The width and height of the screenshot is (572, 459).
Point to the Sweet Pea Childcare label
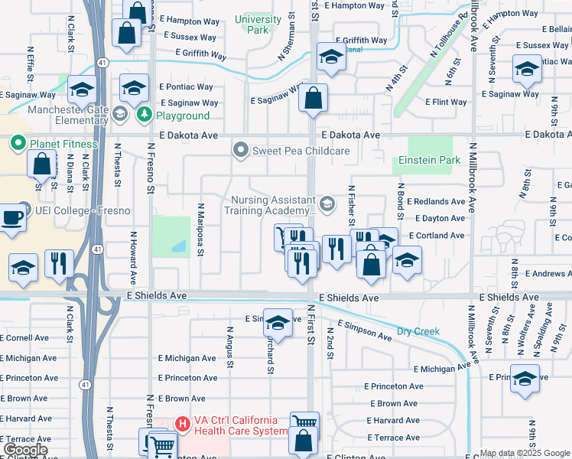pos(302,151)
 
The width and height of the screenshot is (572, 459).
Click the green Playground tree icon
pos(144,116)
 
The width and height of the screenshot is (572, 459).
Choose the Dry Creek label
pos(418,332)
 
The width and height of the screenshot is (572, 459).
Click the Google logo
pos(25,450)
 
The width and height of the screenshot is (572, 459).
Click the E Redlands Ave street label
pos(436,202)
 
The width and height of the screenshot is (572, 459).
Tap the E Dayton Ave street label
pos(436,219)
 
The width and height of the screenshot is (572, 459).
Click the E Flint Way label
pos(446,103)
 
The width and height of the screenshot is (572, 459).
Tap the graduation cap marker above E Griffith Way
pos(331,57)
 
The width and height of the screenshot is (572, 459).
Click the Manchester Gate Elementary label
pos(73,115)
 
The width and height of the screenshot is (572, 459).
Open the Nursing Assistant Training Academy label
pos(273,204)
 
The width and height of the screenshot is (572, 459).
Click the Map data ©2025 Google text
pos(525,453)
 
